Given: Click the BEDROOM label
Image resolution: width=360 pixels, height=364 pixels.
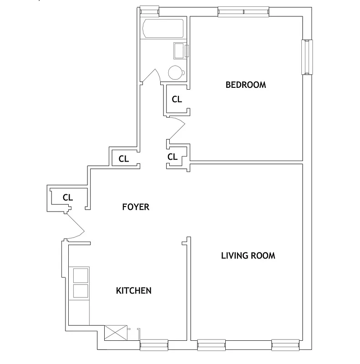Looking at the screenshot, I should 246,85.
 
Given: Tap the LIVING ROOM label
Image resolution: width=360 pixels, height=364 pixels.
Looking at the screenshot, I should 248,256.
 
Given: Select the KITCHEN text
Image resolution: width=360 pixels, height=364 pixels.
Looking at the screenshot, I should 133,291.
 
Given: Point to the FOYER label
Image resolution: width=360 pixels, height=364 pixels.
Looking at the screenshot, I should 136,207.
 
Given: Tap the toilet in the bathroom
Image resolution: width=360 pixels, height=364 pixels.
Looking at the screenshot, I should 175,72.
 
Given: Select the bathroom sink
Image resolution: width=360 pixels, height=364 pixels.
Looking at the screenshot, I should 180,50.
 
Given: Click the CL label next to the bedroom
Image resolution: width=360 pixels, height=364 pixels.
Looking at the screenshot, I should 177,99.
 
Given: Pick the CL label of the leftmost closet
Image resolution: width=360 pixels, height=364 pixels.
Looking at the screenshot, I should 68,197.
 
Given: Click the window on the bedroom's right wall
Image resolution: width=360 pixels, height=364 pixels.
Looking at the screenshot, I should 308,57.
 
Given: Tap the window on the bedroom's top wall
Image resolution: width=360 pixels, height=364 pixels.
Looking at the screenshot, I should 243,12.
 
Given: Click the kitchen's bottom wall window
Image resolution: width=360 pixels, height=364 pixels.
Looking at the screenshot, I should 154,345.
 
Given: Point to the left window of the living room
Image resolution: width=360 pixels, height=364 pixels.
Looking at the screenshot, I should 211,345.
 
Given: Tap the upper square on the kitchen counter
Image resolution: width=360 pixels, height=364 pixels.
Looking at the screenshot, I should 81,276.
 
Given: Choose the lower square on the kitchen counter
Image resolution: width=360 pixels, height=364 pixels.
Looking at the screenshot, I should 81,291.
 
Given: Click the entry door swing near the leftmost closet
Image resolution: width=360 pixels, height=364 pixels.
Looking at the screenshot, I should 75,226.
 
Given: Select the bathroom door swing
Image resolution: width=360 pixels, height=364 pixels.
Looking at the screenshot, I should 152,76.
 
